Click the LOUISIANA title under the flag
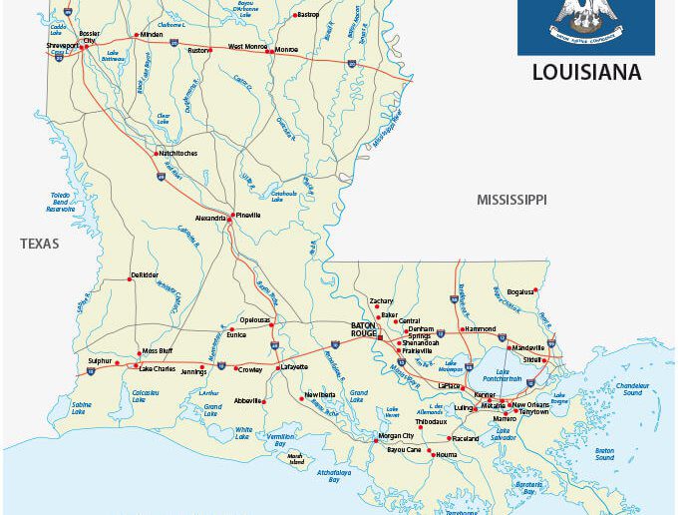[x=586, y=73]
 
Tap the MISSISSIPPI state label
[x=511, y=200]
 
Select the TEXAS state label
[x=39, y=244]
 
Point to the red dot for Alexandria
[x=228, y=219]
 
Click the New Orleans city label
[x=530, y=405]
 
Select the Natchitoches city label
[x=177, y=153]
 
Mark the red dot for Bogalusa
[x=535, y=290]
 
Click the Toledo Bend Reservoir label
[x=60, y=202]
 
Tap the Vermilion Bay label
[x=280, y=440]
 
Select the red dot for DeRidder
[x=130, y=279]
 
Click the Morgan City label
[x=395, y=436]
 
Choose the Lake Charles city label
[x=157, y=368]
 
